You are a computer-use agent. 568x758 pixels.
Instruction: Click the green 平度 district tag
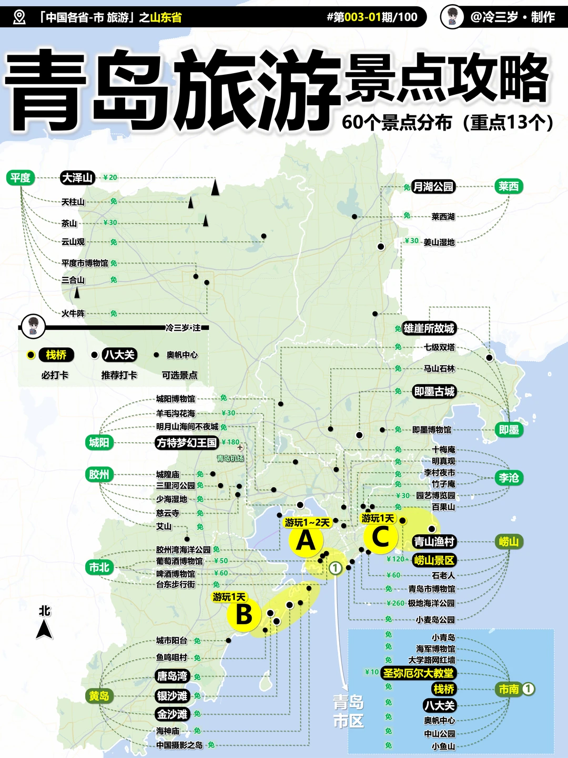(x=21, y=178)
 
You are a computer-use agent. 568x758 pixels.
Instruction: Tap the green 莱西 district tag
(x=508, y=186)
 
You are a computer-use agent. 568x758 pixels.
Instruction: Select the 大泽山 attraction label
(x=77, y=178)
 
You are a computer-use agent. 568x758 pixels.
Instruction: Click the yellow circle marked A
(x=306, y=541)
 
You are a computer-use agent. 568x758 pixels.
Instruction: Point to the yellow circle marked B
(x=244, y=614)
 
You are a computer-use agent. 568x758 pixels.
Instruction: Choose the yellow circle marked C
(x=380, y=537)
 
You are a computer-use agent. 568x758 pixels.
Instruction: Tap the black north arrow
(x=44, y=629)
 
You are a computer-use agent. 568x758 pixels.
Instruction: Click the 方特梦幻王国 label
(x=187, y=443)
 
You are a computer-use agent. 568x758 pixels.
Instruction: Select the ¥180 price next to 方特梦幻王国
(x=230, y=442)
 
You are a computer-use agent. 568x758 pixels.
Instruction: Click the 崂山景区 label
(x=434, y=560)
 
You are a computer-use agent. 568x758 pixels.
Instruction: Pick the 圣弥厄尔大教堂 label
(x=418, y=673)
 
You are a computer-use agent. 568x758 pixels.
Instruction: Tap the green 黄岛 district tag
(x=99, y=696)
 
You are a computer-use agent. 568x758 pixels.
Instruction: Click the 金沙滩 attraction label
(x=172, y=714)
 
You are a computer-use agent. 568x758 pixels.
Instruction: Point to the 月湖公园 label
(x=433, y=186)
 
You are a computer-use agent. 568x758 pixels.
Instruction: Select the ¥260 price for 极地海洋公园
(x=395, y=603)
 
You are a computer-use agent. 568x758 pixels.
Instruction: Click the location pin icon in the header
(x=19, y=17)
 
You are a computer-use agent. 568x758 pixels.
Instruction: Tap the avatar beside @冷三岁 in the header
(x=452, y=17)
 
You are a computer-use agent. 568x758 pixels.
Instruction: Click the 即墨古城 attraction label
(x=434, y=392)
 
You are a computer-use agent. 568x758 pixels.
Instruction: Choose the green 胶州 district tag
(x=99, y=474)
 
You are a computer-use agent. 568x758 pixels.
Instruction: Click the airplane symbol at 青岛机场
(x=240, y=447)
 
